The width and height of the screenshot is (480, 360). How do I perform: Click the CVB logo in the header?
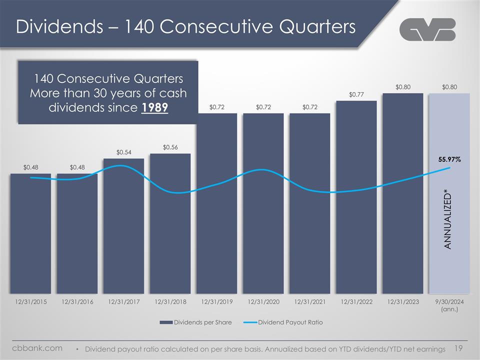(x=428, y=29)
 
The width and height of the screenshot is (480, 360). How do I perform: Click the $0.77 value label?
(x=356, y=94)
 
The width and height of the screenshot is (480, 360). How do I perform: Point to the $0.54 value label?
(x=123, y=152)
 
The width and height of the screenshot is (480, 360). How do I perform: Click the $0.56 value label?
(x=170, y=147)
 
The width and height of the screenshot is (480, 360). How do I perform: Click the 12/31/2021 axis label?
(x=309, y=302)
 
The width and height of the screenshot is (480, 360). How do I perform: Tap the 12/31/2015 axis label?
(x=30, y=302)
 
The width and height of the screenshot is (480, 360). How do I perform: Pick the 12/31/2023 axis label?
(x=402, y=302)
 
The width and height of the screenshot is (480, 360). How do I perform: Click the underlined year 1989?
(x=154, y=108)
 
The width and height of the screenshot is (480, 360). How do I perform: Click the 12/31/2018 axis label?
(x=170, y=302)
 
